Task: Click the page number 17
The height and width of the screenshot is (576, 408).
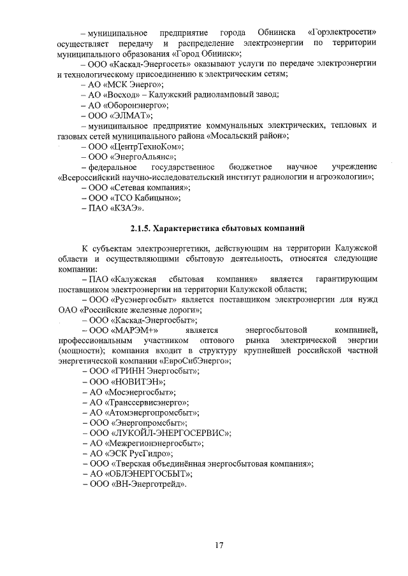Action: pyautogui.click(x=219, y=545)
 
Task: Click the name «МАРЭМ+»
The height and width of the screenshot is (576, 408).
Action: pyautogui.click(x=135, y=330)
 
